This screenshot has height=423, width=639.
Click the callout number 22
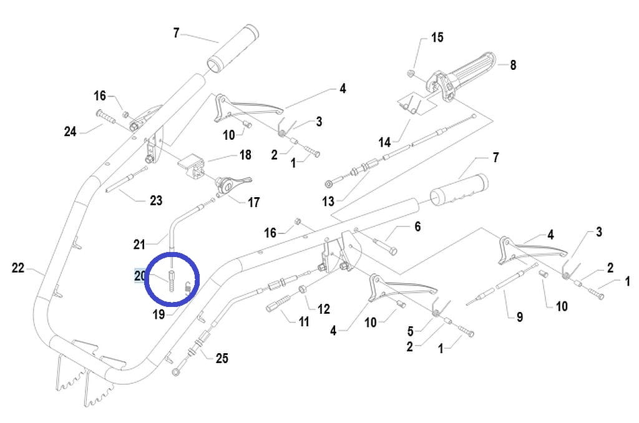(18, 268)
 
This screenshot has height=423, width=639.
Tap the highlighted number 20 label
(140, 276)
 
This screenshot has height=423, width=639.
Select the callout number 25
(222, 358)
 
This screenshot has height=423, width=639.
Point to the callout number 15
(437, 37)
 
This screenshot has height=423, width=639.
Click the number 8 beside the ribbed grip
(513, 65)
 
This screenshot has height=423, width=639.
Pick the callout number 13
(328, 201)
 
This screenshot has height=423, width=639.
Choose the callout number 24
(70, 131)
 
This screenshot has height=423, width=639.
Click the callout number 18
(245, 155)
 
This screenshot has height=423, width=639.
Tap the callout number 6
(417, 226)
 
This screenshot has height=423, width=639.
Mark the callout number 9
(520, 317)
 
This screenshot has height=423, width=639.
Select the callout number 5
(411, 331)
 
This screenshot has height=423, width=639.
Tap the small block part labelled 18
(191, 166)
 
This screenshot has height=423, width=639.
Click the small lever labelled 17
(233, 185)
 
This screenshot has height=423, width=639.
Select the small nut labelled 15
(411, 74)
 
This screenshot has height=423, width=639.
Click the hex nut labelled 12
(303, 289)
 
